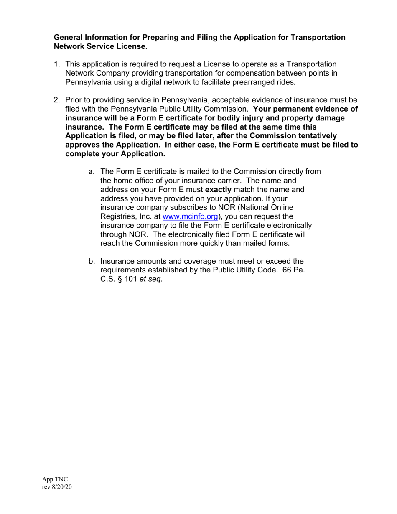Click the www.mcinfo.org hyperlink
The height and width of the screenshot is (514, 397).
tap(190, 216)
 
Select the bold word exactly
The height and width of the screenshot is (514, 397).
tap(218, 189)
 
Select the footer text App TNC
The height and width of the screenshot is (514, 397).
tap(55, 479)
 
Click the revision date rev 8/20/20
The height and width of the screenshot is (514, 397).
tap(57, 487)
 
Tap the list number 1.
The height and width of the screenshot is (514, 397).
tap(56, 64)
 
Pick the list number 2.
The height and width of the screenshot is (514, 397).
tap(56, 100)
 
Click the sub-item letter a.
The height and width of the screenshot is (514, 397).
tap(91, 172)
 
